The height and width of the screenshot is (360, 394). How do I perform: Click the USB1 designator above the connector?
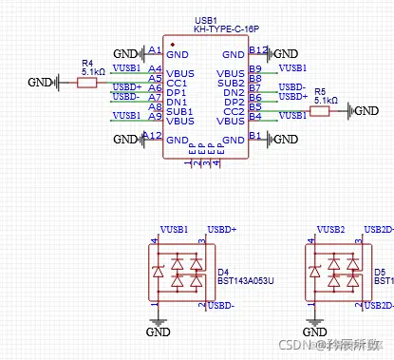(x=206, y=19)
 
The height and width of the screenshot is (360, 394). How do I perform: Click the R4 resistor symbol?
(x=86, y=83)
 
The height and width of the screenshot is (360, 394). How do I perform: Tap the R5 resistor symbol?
(x=320, y=111)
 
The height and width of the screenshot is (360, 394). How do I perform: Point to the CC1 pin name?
(x=177, y=83)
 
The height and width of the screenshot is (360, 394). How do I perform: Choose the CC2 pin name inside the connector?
(x=234, y=111)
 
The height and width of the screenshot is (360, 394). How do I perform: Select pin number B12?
(x=257, y=49)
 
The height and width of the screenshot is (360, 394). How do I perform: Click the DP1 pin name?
(x=177, y=92)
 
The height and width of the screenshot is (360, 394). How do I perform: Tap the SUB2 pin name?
(x=231, y=83)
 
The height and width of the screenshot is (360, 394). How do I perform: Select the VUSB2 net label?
(x=331, y=230)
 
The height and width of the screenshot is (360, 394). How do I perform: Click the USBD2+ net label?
(x=379, y=230)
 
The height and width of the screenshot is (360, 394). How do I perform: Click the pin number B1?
(x=254, y=137)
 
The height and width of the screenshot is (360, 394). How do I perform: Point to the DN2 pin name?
(x=234, y=92)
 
